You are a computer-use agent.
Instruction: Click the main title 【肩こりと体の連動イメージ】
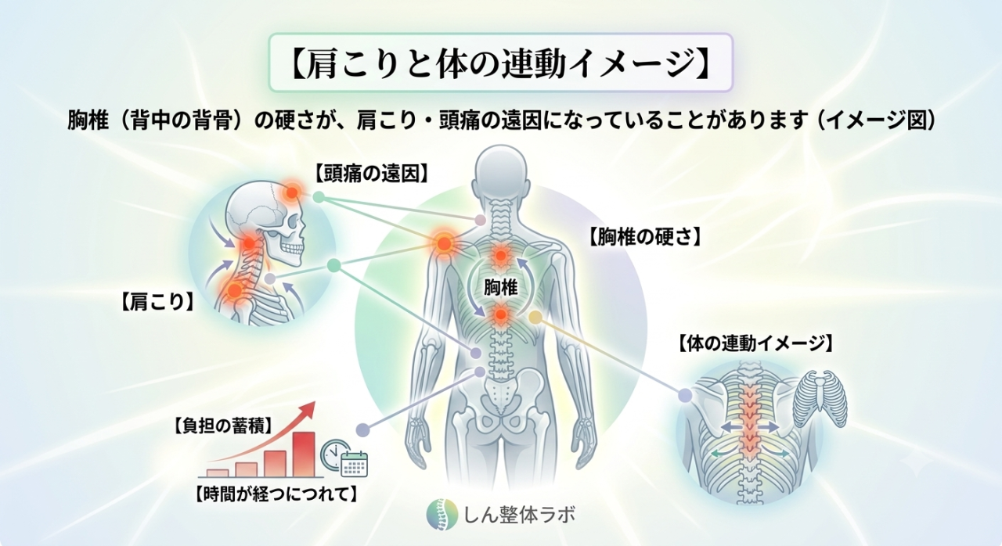click(500, 63)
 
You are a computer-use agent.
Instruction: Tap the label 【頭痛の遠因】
click(371, 174)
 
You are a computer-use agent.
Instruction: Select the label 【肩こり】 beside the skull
click(157, 302)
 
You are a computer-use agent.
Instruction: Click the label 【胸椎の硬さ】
click(643, 237)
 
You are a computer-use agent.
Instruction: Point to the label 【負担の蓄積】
click(223, 426)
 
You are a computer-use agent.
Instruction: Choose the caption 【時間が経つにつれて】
click(276, 494)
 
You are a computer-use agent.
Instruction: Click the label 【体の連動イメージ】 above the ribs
click(755, 343)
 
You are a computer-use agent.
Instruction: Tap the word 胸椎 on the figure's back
click(500, 287)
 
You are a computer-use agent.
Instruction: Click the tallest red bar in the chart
click(305, 454)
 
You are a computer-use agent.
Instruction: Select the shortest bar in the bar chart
click(218, 473)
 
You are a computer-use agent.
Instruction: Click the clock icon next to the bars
click(334, 454)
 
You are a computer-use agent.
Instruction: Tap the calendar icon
click(355, 464)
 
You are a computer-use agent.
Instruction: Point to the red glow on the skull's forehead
click(292, 192)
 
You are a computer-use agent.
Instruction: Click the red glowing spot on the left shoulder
click(444, 243)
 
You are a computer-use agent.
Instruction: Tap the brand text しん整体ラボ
click(519, 515)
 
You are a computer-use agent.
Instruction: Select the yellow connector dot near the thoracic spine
click(535, 318)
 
